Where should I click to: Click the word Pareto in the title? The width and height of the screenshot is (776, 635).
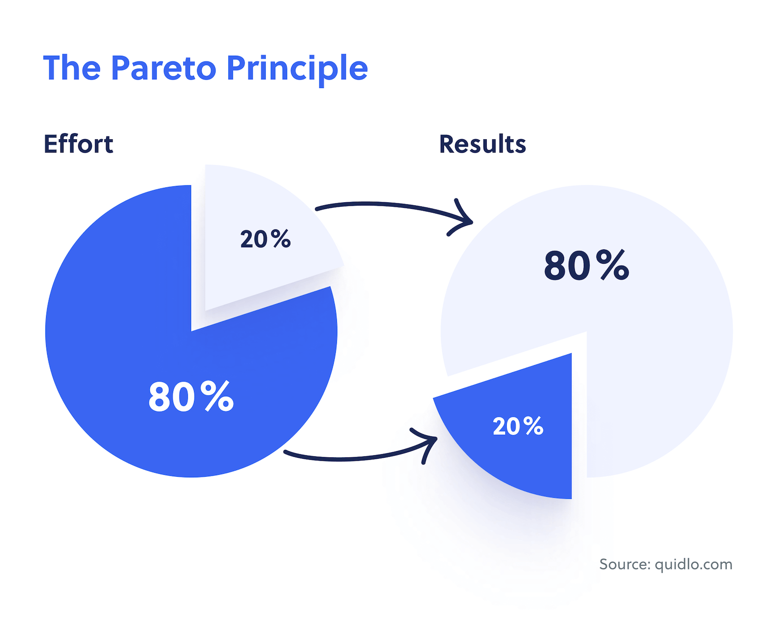[163, 68]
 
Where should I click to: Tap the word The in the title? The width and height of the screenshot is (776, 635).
[72, 68]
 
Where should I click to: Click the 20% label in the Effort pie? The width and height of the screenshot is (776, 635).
[265, 239]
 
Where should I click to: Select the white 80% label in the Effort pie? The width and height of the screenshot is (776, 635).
[191, 396]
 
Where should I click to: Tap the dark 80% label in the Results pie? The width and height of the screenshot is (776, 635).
[587, 265]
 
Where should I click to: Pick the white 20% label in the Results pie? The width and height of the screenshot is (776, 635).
[518, 426]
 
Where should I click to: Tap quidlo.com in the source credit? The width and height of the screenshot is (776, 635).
[694, 564]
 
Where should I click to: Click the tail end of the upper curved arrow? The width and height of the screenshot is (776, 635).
[317, 209]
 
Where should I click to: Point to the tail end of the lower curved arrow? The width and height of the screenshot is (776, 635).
[285, 452]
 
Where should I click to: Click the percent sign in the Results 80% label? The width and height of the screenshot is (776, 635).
[613, 265]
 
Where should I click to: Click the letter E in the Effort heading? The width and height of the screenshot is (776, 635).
[51, 144]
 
